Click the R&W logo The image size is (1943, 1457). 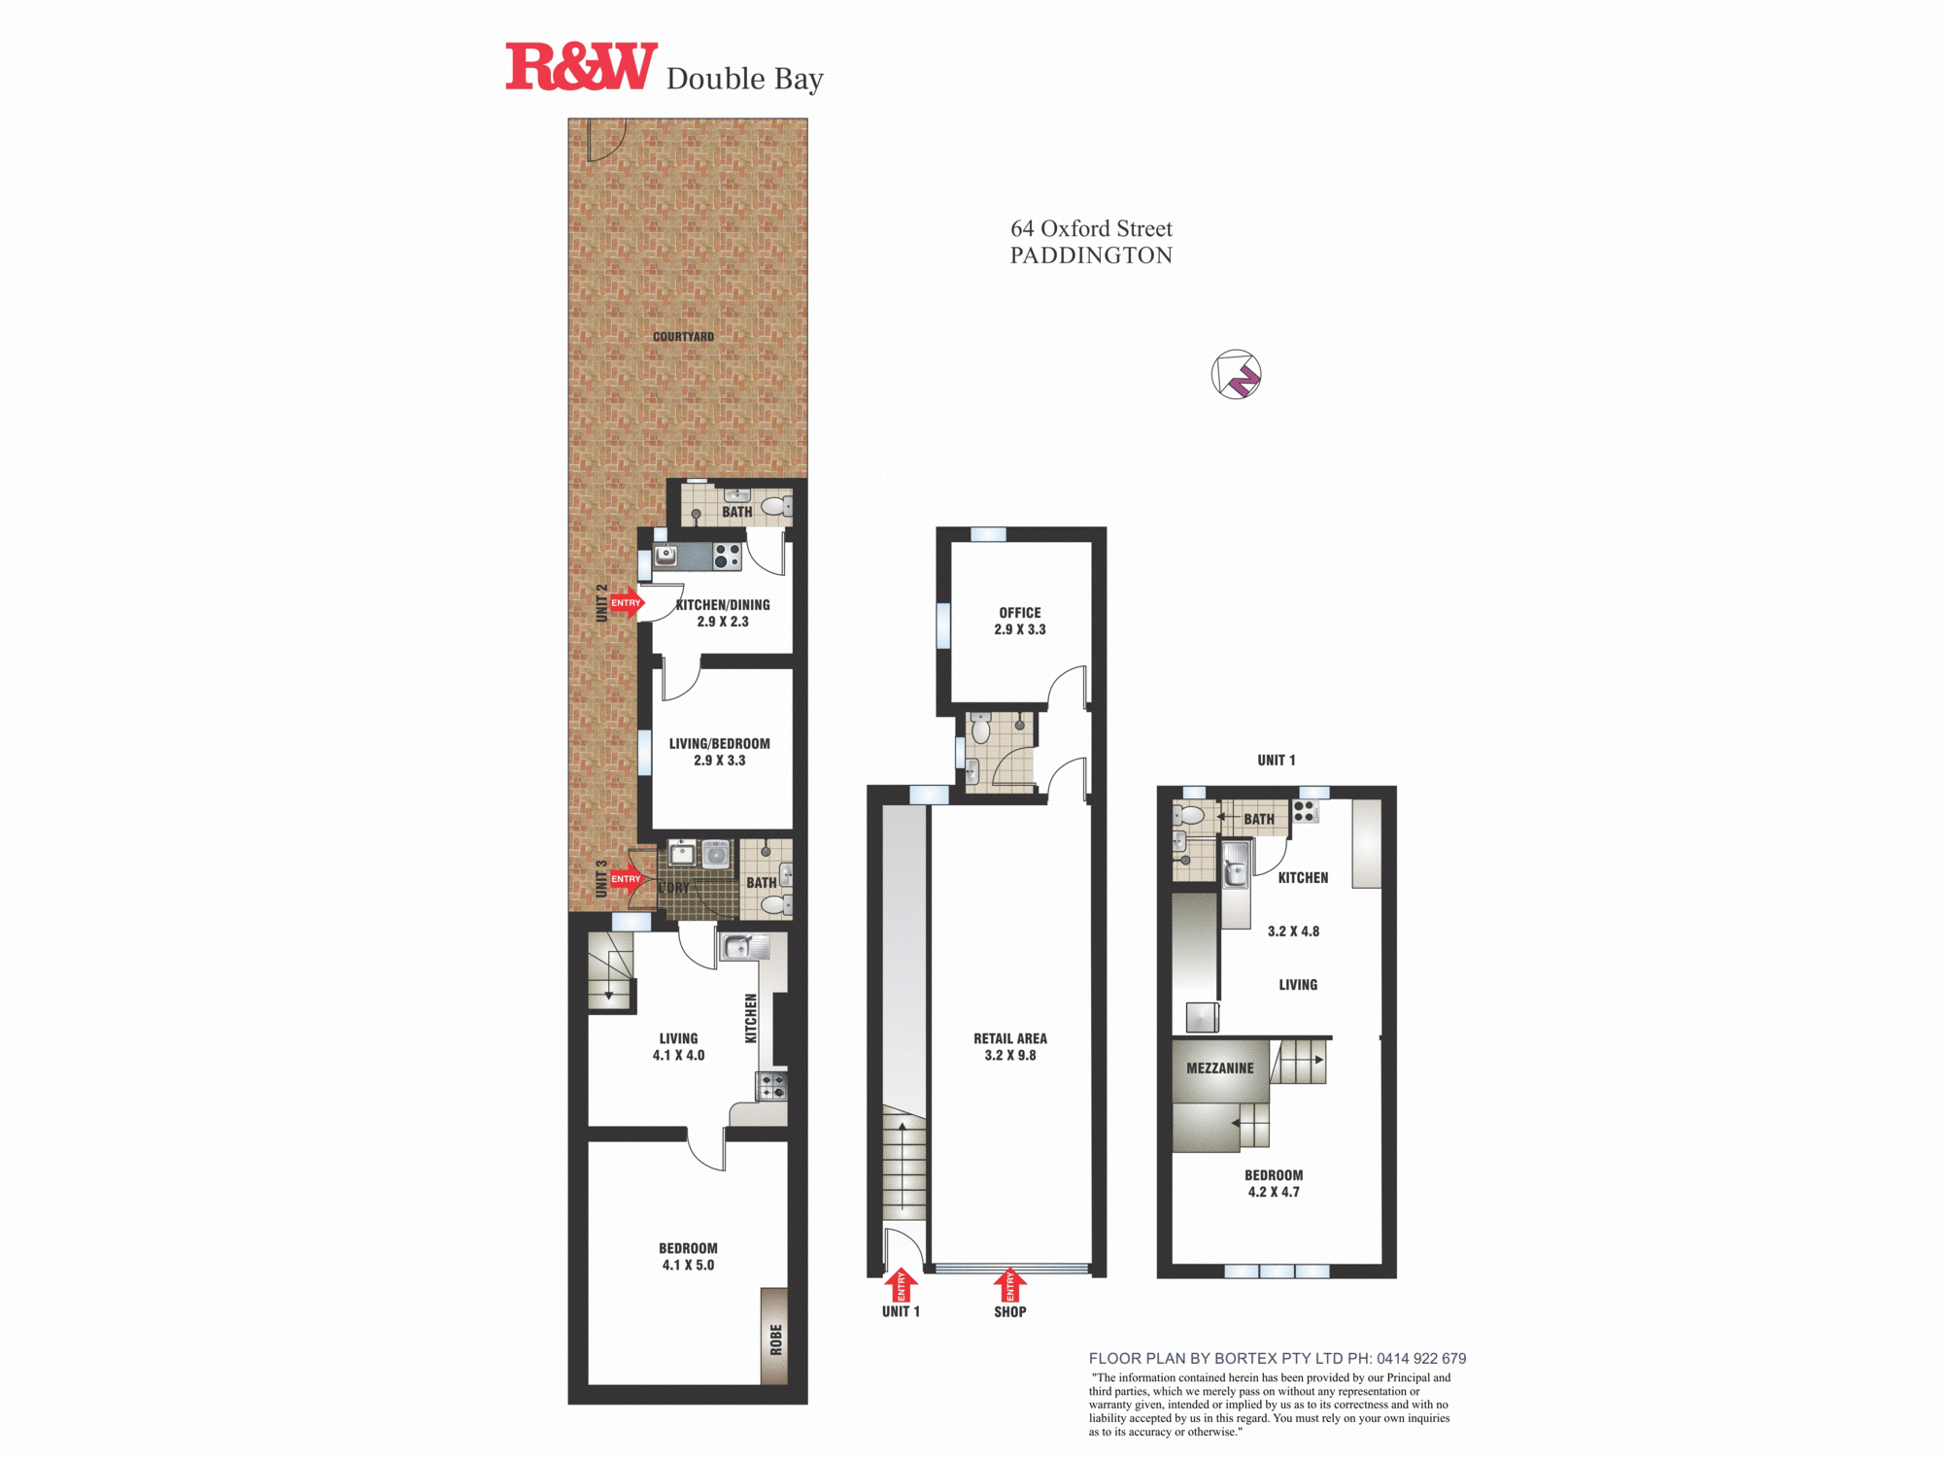581,67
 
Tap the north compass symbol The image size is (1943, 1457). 1236,374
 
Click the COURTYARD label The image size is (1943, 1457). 683,337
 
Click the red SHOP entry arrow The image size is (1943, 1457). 1009,1285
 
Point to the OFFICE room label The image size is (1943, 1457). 1020,613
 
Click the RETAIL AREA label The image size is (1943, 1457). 1010,1038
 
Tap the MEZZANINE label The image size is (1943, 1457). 1220,1068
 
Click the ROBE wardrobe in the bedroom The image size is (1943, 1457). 774,1337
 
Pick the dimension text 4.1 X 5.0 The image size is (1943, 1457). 688,1266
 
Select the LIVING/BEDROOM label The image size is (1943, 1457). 719,744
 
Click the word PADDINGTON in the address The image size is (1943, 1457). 1091,255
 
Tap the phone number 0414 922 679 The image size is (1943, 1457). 1421,1359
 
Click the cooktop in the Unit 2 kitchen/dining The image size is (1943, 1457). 727,557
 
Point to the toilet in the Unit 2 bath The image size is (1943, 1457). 775,506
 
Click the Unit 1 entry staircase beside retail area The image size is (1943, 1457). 903,1166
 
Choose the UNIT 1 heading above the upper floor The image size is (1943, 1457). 1277,761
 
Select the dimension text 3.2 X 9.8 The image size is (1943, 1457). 1010,1056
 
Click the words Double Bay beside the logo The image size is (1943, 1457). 744,79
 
